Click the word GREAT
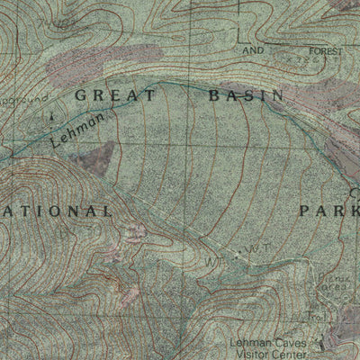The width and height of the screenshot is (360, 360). coord(115,94)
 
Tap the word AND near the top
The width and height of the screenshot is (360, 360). coord(254,51)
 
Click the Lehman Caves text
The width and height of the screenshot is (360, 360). coord(279,343)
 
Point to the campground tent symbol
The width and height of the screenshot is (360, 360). coord(51,115)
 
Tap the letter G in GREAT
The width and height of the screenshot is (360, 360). coord(81,94)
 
